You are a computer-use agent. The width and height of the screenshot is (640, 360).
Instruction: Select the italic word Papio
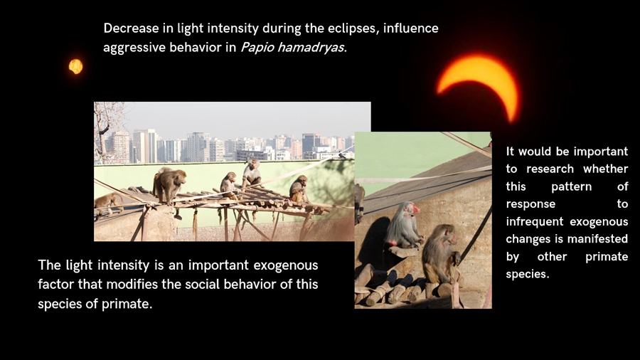(x=257, y=48)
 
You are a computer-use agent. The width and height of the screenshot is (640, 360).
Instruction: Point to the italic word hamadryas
(x=310, y=48)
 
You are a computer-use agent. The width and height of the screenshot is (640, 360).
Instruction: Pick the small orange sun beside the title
(x=75, y=66)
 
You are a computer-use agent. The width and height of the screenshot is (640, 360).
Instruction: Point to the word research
(x=550, y=169)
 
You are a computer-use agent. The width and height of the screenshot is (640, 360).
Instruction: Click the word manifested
(x=599, y=239)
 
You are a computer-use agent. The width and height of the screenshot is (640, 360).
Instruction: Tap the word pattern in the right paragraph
(x=572, y=187)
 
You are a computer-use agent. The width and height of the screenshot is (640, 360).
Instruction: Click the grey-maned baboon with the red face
(x=403, y=225)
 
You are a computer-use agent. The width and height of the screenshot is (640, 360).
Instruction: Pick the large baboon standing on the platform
(x=169, y=186)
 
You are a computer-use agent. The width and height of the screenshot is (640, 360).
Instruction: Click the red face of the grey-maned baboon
(x=415, y=210)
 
